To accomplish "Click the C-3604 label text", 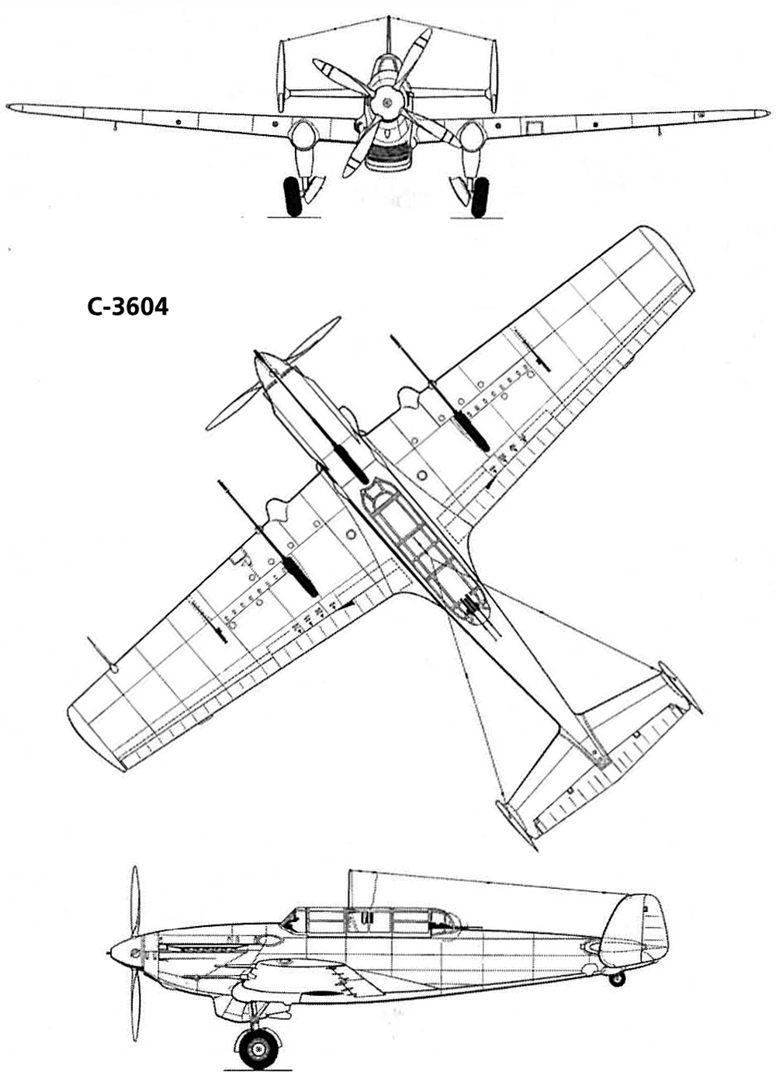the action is click(x=128, y=307).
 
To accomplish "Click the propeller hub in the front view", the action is click(x=386, y=102).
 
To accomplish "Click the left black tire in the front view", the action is click(x=293, y=196).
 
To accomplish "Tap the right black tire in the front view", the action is click(x=480, y=197).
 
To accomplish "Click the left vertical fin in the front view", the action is click(x=281, y=77).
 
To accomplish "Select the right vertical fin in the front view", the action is click(x=493, y=77).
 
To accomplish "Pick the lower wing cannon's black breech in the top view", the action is click(x=301, y=577).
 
